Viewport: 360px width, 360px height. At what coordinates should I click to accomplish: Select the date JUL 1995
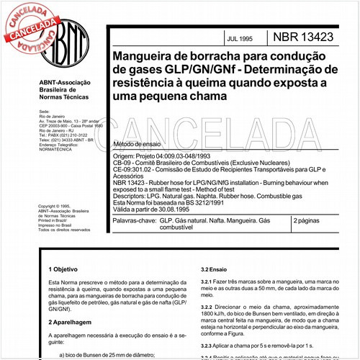229,35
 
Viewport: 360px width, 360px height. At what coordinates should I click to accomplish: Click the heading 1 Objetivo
66,268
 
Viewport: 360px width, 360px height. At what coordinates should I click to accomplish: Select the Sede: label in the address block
45,112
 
